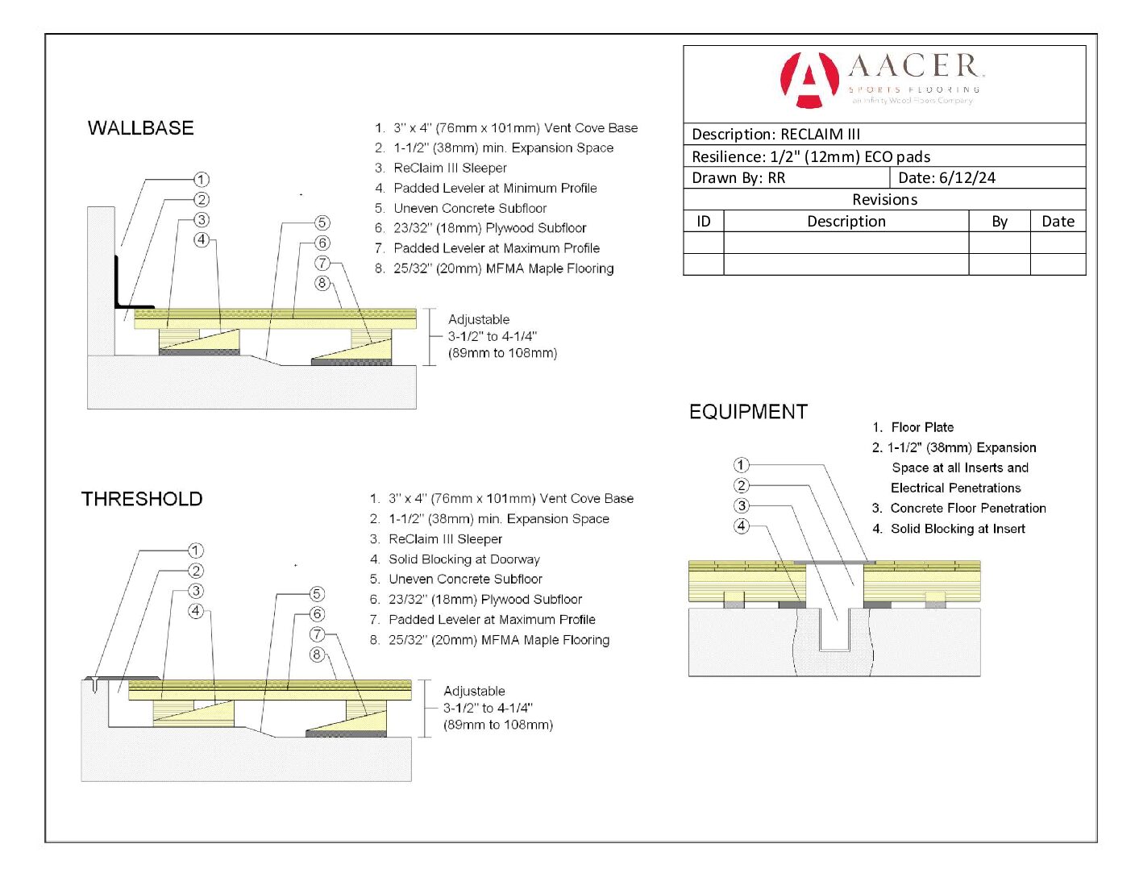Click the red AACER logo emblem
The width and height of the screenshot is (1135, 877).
pyautogui.click(x=809, y=80)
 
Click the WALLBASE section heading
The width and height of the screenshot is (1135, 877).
pyautogui.click(x=141, y=128)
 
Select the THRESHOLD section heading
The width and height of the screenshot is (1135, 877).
pyautogui.click(x=142, y=499)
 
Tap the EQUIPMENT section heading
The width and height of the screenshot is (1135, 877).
pyautogui.click(x=748, y=412)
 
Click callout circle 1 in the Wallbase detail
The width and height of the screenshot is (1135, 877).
pyautogui.click(x=202, y=179)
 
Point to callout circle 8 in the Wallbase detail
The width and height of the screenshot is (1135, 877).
pyautogui.click(x=322, y=283)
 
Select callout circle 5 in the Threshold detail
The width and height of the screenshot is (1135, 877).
pyautogui.click(x=317, y=594)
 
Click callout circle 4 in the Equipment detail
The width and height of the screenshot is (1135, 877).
pyautogui.click(x=742, y=526)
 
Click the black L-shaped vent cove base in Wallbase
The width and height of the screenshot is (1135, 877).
pyautogui.click(x=121, y=290)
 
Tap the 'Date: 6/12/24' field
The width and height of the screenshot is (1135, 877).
pyautogui.click(x=946, y=178)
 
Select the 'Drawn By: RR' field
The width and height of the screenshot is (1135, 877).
pyautogui.click(x=738, y=178)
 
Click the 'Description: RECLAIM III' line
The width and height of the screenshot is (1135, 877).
pyautogui.click(x=775, y=135)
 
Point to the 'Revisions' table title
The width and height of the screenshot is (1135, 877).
pyautogui.click(x=884, y=200)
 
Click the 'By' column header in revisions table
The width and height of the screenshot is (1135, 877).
pyautogui.click(x=1000, y=222)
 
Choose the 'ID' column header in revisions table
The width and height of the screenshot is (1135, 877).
pyautogui.click(x=704, y=222)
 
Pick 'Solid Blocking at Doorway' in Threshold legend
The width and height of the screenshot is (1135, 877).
pyautogui.click(x=464, y=559)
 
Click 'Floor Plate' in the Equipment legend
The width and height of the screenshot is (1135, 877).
pyautogui.click(x=922, y=427)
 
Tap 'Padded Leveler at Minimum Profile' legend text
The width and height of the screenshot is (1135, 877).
pyautogui.click(x=495, y=188)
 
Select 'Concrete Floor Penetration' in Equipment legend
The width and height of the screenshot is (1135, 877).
pyautogui.click(x=967, y=509)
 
